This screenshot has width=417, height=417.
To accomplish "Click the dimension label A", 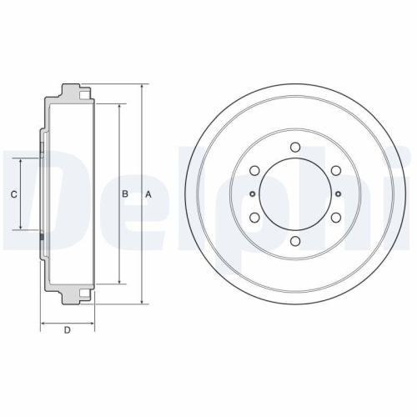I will point(148,194).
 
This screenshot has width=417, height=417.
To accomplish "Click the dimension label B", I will point(125,194).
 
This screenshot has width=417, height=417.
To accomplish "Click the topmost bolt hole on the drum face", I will point(295,148).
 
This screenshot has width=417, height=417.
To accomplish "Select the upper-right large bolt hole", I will point(336,171).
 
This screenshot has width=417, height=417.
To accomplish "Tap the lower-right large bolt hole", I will point(336,218).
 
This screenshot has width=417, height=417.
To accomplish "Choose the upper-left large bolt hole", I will point(254,171).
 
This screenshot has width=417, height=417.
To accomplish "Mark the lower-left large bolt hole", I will point(254,218).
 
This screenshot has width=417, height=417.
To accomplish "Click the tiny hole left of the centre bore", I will point(250,194).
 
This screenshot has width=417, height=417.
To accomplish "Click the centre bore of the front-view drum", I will point(295,194).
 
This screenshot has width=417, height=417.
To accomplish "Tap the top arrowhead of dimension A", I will point(141,86).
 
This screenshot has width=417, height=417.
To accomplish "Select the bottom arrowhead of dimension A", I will point(141,303).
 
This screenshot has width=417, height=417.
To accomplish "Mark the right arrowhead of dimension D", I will point(92,322).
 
